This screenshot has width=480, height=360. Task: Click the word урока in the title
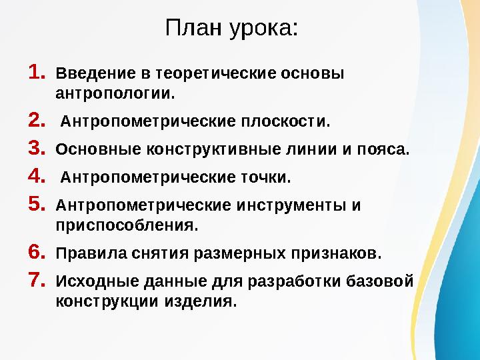tap(263, 29)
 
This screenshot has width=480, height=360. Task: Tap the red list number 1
tap(37, 71)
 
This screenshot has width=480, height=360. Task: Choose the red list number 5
tap(37, 204)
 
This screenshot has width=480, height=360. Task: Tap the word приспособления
tap(127, 225)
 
